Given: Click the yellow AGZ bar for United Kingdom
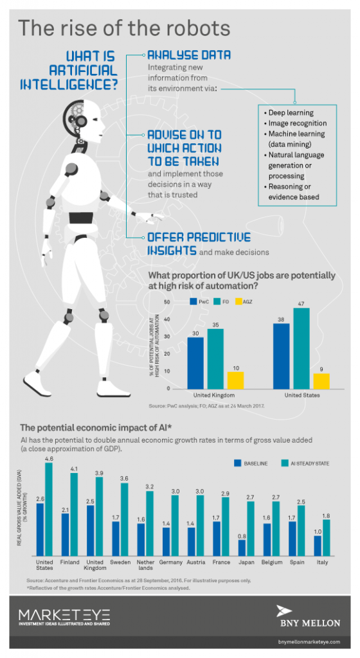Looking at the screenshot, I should [x=236, y=380].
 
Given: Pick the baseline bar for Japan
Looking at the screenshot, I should [x=242, y=547].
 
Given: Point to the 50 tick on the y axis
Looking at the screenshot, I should [x=166, y=302].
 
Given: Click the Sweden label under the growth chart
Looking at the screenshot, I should [x=120, y=562].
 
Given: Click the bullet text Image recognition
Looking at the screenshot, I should [x=296, y=123].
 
